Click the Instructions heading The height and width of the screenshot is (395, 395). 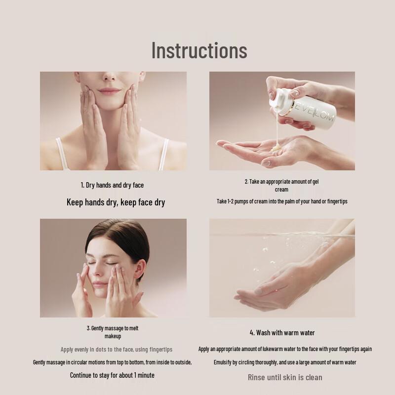coord(199,50)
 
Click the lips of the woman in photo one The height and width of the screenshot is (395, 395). coord(110,91)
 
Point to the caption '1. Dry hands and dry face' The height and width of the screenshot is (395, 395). coord(112,185)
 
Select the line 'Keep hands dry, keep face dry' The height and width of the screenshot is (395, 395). coord(116,202)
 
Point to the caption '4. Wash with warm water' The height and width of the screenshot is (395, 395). coord(282,333)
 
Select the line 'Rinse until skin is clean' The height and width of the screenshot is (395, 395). coord(285,377)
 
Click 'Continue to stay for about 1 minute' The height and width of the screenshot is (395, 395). coord(112,375)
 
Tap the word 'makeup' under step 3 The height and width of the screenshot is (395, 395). coord(113,336)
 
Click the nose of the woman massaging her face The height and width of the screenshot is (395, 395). coord(102,272)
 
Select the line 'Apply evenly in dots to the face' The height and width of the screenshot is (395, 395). coord(117,350)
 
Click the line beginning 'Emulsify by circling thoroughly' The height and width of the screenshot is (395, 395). coord(285,362)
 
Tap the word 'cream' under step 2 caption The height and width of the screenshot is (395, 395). coord(281,190)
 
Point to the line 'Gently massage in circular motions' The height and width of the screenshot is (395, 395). coord(112,362)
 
